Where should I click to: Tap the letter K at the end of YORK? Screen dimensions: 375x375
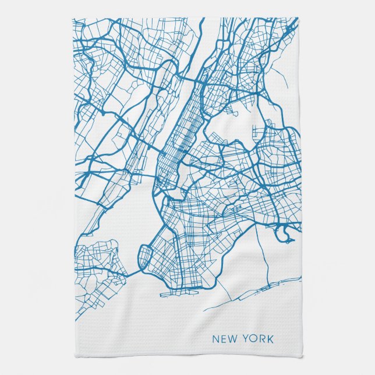[x=270, y=339]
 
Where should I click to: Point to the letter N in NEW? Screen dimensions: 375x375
[x=215, y=339]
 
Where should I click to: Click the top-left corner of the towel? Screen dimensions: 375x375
[x=73, y=18]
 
